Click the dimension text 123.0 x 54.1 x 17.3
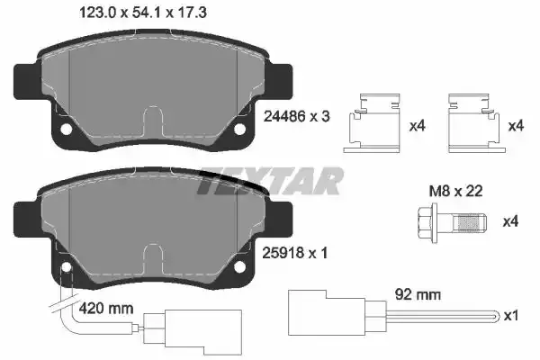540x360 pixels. pos(143,13)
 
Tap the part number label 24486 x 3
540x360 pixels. pos(296,116)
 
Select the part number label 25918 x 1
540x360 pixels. pos(295,254)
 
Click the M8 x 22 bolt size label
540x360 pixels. pos(455,191)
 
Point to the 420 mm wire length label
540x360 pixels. pos(106,309)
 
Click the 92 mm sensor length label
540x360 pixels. pos(418,295)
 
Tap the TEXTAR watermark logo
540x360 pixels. pos(270,181)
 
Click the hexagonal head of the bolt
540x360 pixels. pos(427,221)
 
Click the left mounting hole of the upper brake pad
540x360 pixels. pos(66,130)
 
